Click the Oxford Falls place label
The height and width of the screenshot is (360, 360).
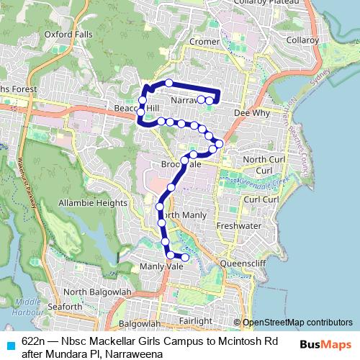coord(68,33)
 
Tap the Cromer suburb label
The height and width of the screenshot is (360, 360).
coord(204,42)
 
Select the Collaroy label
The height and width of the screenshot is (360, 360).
coord(302,40)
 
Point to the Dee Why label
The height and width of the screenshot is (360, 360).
coord(251,113)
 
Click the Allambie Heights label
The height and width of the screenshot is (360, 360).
coord(93,203)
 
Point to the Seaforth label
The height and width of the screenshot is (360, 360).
coord(64,307)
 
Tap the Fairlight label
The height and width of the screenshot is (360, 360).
coord(197,320)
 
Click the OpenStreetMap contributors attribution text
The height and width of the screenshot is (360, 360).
coord(297,323)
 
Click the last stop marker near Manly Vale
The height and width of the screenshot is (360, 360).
coord(185,257)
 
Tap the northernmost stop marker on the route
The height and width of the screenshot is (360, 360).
coord(169,83)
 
